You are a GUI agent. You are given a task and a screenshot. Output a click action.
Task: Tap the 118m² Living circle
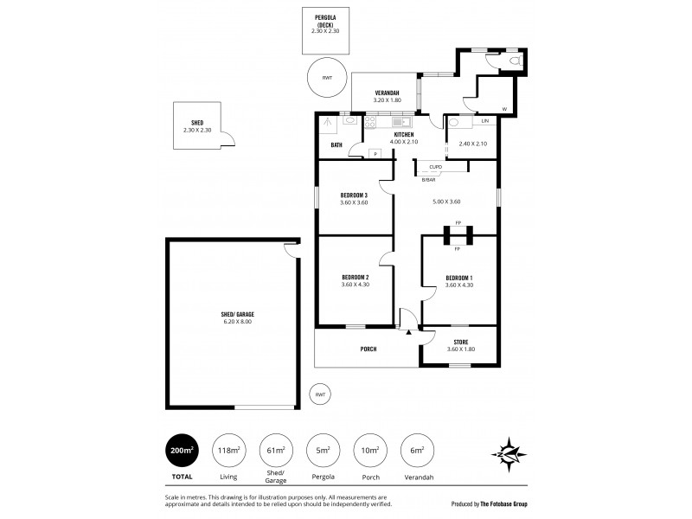[229, 451]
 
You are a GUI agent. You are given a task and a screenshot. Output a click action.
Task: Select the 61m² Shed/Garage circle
[276, 451]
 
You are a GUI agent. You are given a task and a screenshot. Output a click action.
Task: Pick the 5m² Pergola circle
[323, 451]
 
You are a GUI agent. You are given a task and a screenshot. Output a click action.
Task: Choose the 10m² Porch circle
[369, 451]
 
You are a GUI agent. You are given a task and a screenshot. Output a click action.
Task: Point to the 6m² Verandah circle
[416, 451]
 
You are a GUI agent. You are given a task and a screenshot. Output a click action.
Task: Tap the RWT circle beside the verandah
[326, 79]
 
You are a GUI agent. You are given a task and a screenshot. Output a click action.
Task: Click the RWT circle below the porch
[321, 394]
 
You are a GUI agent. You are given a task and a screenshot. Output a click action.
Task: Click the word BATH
[336, 144]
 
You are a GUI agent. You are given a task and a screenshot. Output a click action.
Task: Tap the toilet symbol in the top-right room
[516, 61]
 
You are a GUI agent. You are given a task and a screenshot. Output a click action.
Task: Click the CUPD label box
[436, 167]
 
